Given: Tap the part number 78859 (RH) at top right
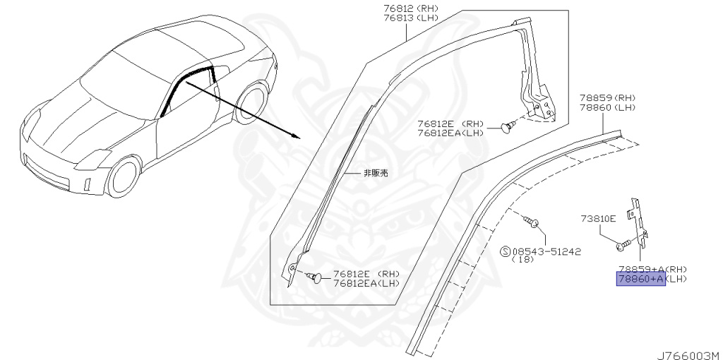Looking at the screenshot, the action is click(x=608, y=97).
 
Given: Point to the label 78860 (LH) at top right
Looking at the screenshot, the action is click(x=608, y=107).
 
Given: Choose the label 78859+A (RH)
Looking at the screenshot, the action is click(x=652, y=269).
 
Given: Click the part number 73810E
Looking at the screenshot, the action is click(x=598, y=219).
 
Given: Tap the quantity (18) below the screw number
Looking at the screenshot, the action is click(x=523, y=260).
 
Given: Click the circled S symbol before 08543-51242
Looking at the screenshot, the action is click(x=505, y=251).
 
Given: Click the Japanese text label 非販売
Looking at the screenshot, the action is click(x=376, y=172).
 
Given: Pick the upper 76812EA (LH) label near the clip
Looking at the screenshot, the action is click(x=450, y=132).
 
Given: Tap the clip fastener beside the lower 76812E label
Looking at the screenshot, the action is click(x=317, y=276).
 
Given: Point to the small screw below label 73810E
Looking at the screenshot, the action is click(x=621, y=246).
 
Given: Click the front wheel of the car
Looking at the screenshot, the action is click(x=125, y=176).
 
